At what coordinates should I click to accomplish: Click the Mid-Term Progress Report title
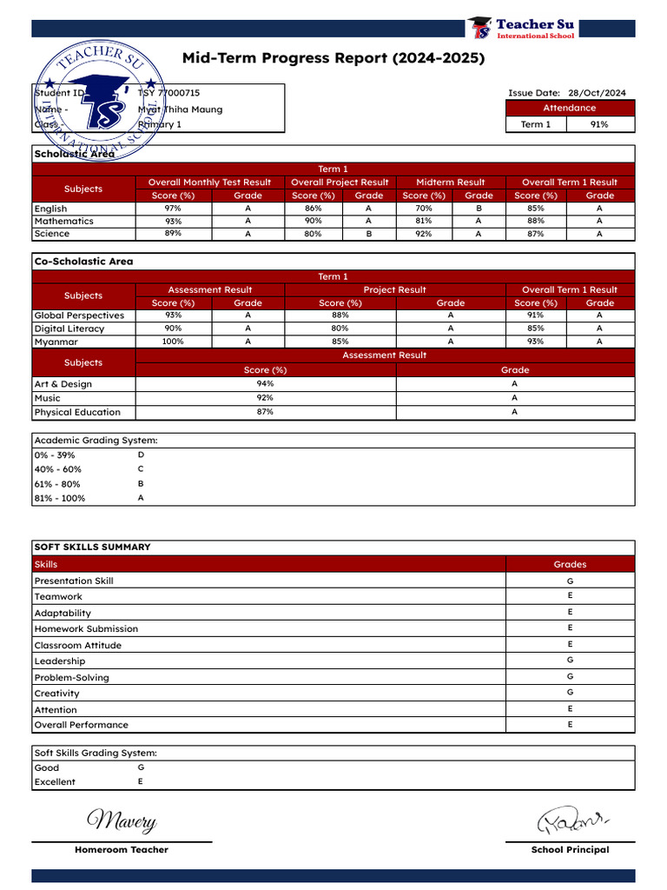tap(333, 58)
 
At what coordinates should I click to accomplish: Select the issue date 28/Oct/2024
tap(597, 93)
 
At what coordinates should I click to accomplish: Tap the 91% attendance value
tap(599, 124)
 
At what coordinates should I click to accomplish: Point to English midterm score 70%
tap(424, 209)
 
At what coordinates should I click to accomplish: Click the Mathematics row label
tap(63, 221)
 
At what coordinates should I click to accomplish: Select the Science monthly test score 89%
tap(173, 233)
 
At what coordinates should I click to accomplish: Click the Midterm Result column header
tap(450, 183)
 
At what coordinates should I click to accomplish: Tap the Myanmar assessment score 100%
tap(173, 342)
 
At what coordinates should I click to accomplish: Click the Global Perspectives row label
tap(79, 315)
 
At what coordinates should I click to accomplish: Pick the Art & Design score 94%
tap(265, 383)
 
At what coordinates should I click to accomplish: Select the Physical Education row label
tap(77, 412)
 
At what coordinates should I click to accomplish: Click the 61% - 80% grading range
tap(57, 484)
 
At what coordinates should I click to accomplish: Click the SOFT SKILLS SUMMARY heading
tap(92, 548)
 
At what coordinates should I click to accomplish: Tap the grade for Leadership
tap(570, 661)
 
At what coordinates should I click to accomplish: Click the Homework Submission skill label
tap(86, 628)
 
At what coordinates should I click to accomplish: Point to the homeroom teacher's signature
tap(122, 820)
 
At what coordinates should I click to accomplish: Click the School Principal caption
tap(570, 850)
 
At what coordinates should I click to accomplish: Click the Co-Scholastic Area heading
tap(83, 262)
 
